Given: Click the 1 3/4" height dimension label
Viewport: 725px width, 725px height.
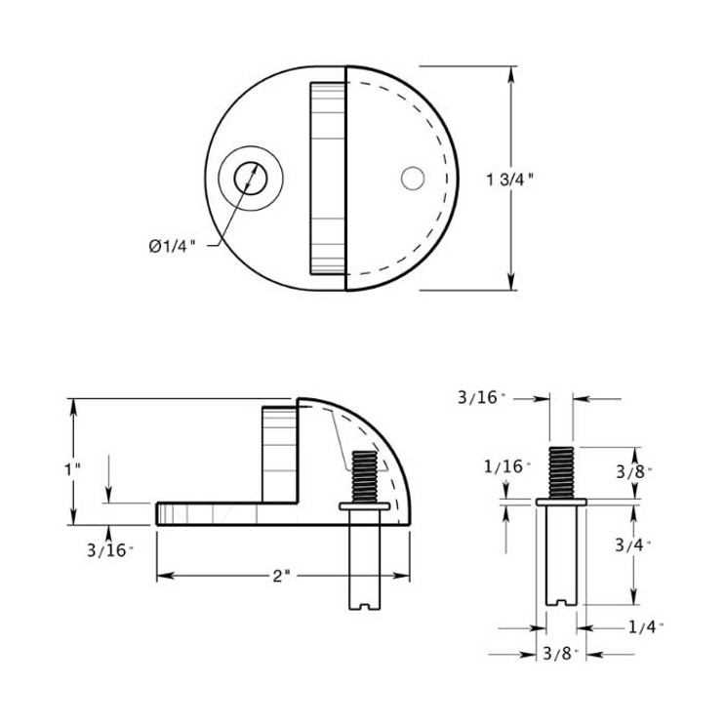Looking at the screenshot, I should click(x=510, y=179).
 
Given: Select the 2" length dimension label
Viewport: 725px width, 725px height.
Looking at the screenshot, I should click(x=282, y=576).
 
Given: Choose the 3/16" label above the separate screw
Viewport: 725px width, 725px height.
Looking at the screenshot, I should click(x=483, y=397).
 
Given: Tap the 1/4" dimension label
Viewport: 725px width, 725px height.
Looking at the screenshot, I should click(x=645, y=626).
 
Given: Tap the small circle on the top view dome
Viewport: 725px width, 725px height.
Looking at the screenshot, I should click(x=412, y=179).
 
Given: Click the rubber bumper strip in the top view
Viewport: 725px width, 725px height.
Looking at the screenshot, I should click(x=328, y=179).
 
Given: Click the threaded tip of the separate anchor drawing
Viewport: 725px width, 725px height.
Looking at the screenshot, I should click(x=561, y=471).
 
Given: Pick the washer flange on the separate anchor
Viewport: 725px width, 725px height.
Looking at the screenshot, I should click(x=561, y=502).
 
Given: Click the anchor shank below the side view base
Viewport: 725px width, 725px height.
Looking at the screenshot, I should click(x=363, y=561).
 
